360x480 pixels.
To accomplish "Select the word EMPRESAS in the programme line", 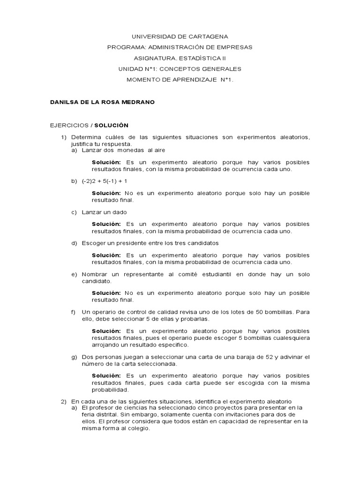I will tap(233, 47).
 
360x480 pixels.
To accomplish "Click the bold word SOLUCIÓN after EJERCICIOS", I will tap(111, 125).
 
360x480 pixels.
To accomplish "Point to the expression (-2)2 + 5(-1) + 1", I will tap(105, 180).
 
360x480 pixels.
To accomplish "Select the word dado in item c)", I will tap(120, 212).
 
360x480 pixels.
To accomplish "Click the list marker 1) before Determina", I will tap(64, 137).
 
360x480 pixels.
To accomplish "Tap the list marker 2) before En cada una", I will tap(64, 401).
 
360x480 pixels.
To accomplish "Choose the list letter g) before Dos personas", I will tap(74, 357).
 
